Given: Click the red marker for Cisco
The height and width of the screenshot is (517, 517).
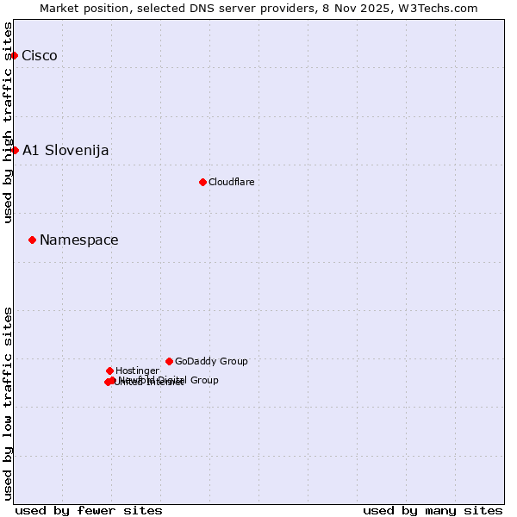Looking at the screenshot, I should [x=14, y=55].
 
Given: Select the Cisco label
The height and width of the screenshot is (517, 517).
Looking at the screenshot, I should [x=40, y=56].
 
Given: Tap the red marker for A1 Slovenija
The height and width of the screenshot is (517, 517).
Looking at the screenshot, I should [x=15, y=150].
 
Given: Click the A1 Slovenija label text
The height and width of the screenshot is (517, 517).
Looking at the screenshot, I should [x=65, y=151].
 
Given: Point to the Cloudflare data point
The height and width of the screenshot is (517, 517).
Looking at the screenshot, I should [x=202, y=182].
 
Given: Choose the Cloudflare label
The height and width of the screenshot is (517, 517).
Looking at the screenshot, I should [x=231, y=182].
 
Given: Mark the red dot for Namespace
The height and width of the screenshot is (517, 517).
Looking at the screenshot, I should [x=32, y=240].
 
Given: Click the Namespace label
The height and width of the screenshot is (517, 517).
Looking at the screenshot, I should [x=79, y=240].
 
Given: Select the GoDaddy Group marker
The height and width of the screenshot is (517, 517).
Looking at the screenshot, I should [x=169, y=361].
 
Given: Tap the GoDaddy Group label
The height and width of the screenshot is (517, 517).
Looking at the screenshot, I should [x=211, y=362].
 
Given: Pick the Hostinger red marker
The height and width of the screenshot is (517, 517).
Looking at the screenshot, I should [x=109, y=371].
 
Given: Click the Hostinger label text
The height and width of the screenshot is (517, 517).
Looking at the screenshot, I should [x=137, y=371].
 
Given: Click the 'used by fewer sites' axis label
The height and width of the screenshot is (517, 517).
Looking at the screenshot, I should [x=89, y=510].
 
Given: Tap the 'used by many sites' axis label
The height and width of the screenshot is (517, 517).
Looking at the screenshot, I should [x=433, y=510].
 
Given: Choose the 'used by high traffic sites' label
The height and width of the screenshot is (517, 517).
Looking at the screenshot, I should [x=9, y=122].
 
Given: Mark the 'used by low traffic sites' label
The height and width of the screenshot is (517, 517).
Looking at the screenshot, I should [x=9, y=402].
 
